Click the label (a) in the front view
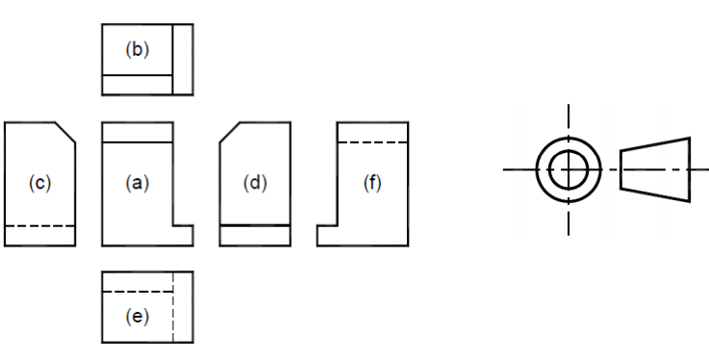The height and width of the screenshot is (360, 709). [137, 183]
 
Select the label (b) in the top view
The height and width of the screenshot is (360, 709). [137, 49]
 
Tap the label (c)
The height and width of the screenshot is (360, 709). [39, 183]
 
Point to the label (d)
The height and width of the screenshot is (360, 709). [255, 183]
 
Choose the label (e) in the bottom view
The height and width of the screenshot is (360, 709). [137, 317]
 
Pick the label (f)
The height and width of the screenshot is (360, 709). [372, 183]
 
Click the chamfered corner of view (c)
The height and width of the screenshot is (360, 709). [65, 133]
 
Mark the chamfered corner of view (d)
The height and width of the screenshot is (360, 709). [230, 133]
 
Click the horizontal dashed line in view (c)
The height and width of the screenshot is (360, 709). [39, 225]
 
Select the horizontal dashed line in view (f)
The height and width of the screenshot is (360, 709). [373, 142]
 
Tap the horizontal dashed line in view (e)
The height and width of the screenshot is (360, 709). [138, 292]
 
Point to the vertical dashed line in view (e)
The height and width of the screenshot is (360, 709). [173, 307]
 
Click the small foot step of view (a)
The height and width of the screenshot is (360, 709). [183, 235]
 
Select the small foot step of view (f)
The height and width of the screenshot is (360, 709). [327, 235]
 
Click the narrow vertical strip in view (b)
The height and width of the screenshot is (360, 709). [183, 60]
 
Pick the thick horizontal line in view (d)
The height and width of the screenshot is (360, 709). [255, 225]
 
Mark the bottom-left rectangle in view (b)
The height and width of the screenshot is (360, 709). [138, 85]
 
